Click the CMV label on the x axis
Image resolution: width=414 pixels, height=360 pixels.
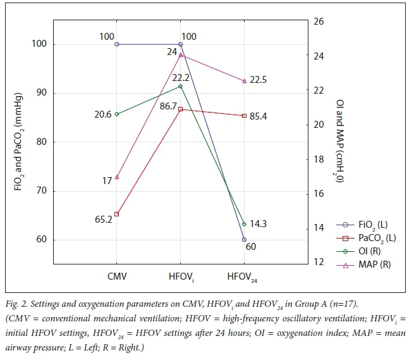[x=117, y=277]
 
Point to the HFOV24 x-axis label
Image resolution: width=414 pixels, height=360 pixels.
[x=244, y=278]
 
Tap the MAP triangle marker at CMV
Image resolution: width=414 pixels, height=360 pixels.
[x=117, y=177]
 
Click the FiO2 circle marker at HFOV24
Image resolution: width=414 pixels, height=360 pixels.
[x=244, y=240]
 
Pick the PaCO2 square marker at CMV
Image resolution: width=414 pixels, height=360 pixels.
[x=117, y=214]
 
